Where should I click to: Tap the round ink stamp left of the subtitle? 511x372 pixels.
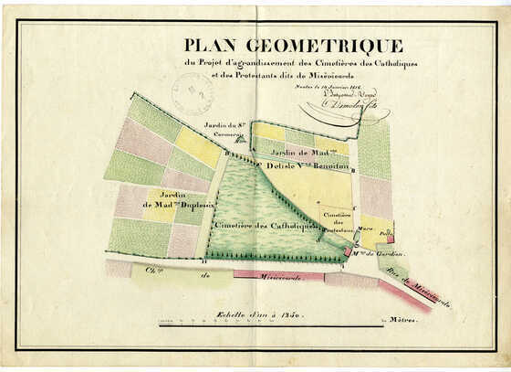(x=192, y=92)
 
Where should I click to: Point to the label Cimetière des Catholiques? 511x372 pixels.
(x=265, y=224)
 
